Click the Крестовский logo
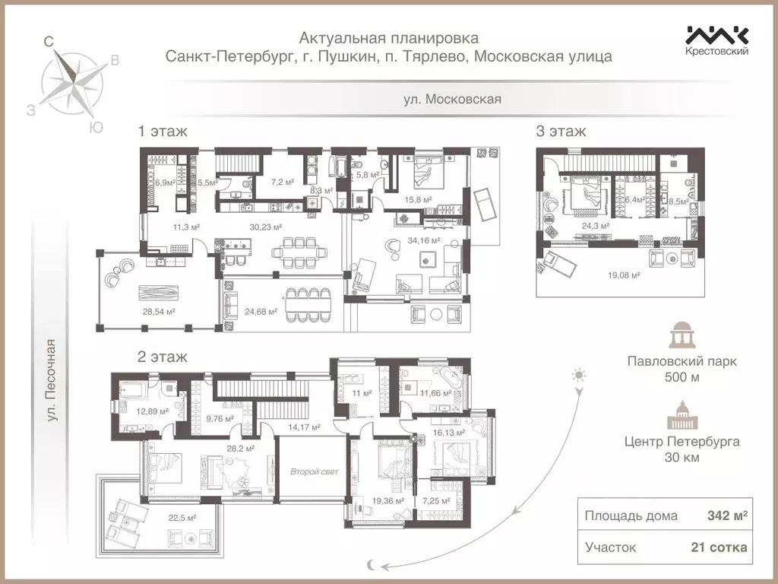pyautogui.click(x=717, y=40)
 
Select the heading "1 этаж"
pyautogui.click(x=163, y=132)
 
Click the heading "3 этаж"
pyautogui.click(x=561, y=132)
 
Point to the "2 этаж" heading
pyautogui.click(x=163, y=356)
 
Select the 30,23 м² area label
pyautogui.click(x=266, y=227)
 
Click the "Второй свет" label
pyautogui.click(x=315, y=471)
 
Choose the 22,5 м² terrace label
pyautogui.click(x=182, y=518)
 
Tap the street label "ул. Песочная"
pyautogui.click(x=52, y=380)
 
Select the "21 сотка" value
pyautogui.click(x=718, y=547)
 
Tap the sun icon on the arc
pyautogui.click(x=580, y=375)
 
